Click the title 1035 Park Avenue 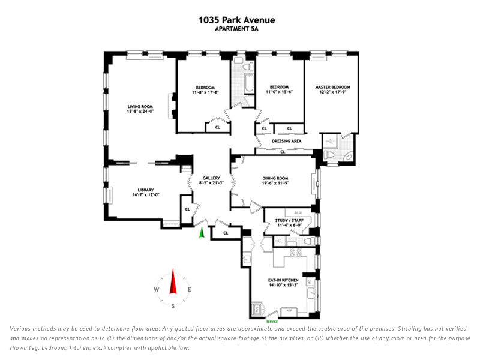coord(236,20)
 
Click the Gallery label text coord(212,178)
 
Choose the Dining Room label coord(275,178)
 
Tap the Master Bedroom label coord(332,87)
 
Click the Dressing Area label coord(286,141)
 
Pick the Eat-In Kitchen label coord(283,280)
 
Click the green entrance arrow coord(202,232)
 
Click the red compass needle coord(173,281)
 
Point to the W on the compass coord(157,289)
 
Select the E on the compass coord(189,289)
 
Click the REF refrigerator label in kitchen coord(288,311)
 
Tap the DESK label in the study coord(298,213)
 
